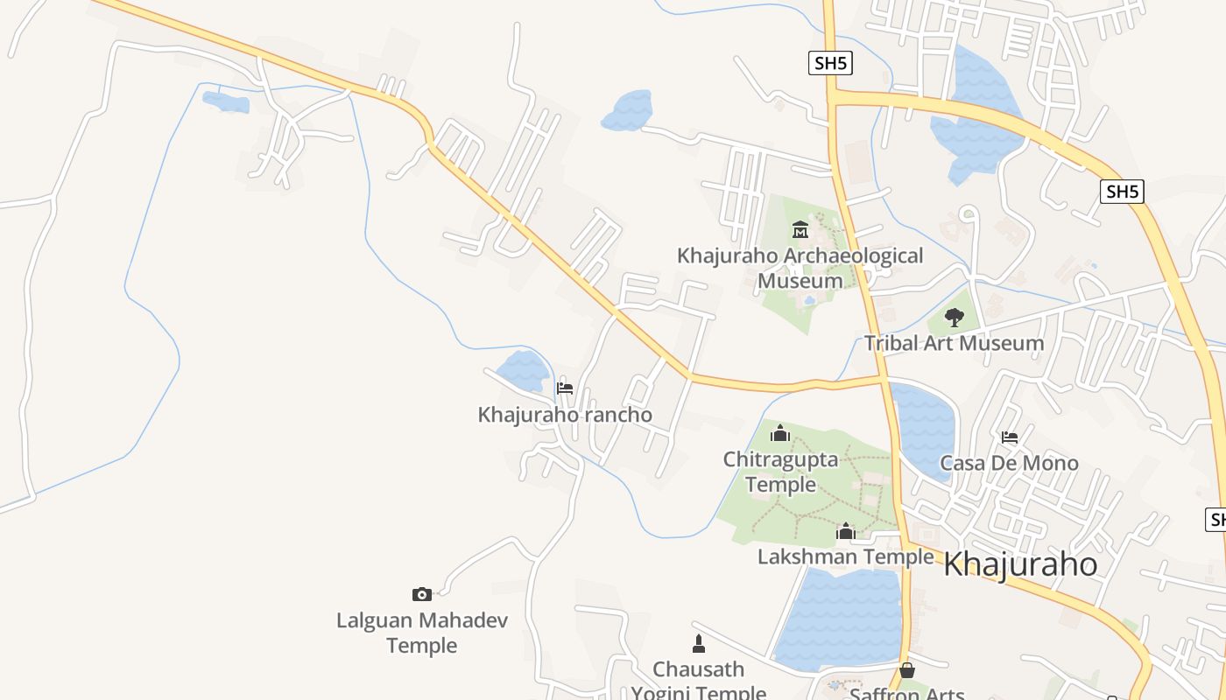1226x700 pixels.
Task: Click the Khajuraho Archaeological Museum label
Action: click(x=800, y=268)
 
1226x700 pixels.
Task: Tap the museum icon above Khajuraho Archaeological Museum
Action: click(x=800, y=230)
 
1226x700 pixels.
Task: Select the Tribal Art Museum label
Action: click(x=954, y=343)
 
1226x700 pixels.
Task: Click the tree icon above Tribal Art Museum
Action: click(x=955, y=318)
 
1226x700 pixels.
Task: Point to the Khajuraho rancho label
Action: click(x=565, y=414)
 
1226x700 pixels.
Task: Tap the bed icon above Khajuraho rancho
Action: click(x=565, y=388)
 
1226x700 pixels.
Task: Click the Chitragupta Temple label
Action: click(x=780, y=471)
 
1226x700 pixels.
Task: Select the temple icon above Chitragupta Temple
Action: click(x=780, y=433)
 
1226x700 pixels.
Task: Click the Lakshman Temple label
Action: click(x=845, y=556)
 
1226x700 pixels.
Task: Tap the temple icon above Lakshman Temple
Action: click(x=846, y=531)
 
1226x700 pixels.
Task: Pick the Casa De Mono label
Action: click(x=1009, y=463)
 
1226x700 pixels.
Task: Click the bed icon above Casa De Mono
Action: click(x=1010, y=437)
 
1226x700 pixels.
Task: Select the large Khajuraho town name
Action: click(x=1020, y=564)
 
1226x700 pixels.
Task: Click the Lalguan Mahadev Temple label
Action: click(x=422, y=633)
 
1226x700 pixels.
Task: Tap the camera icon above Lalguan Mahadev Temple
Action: click(x=422, y=595)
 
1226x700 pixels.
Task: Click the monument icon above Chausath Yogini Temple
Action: click(x=699, y=644)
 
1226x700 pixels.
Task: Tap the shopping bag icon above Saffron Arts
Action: click(x=907, y=670)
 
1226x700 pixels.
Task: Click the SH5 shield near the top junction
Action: click(x=829, y=63)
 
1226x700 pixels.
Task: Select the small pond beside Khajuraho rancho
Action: click(x=524, y=371)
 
